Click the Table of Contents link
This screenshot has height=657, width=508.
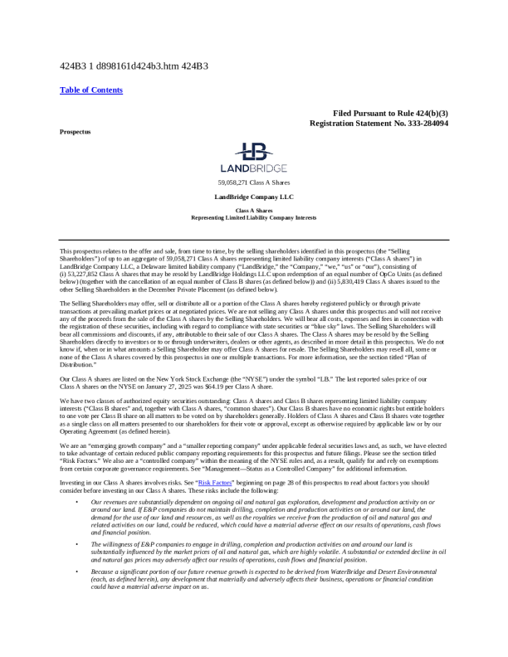click(x=91, y=90)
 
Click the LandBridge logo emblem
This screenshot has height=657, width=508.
click(x=253, y=153)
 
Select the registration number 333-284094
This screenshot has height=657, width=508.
click(x=419, y=123)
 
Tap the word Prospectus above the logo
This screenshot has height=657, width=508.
click(x=75, y=132)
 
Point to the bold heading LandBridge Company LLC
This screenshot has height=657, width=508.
click(x=254, y=197)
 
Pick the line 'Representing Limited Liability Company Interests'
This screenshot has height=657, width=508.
click(x=254, y=217)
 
